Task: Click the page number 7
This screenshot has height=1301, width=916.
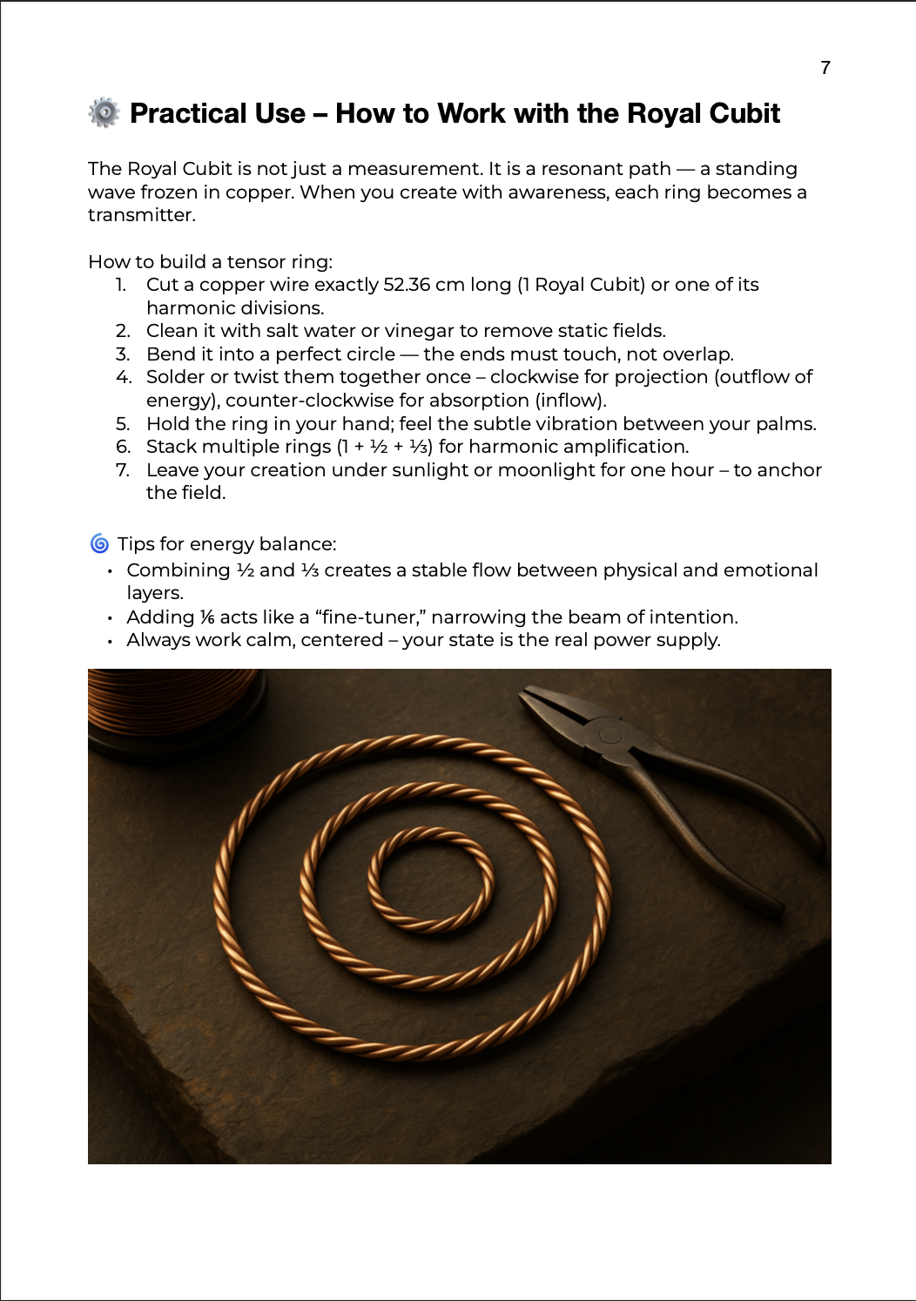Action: pos(825,68)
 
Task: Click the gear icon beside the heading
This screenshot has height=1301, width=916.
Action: pos(104,112)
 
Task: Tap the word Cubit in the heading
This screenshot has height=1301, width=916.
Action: pos(744,113)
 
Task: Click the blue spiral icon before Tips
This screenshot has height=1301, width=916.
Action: pos(100,543)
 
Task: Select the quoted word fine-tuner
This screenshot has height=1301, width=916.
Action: pos(368,617)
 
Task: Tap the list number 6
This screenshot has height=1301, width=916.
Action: pos(123,447)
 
